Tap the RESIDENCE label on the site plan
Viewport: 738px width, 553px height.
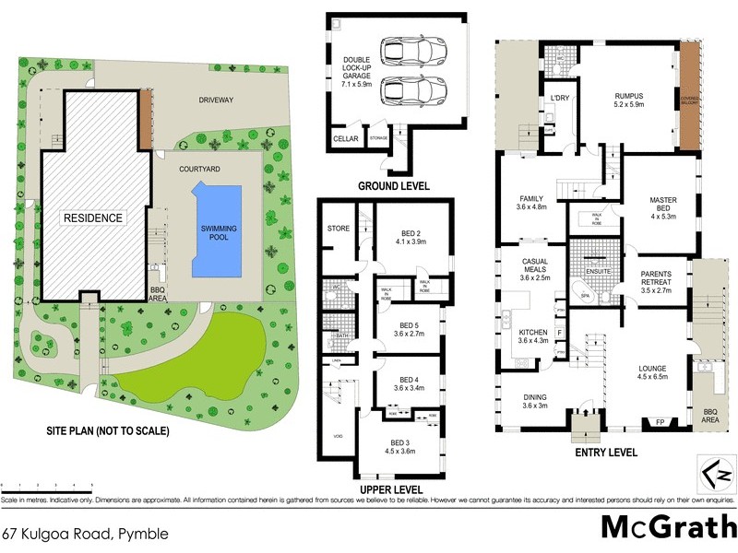92,218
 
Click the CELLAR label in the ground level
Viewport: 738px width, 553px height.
345,139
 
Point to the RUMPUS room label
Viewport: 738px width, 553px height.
628,100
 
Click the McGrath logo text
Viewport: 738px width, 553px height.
662,527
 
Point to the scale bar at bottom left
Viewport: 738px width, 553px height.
37,482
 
